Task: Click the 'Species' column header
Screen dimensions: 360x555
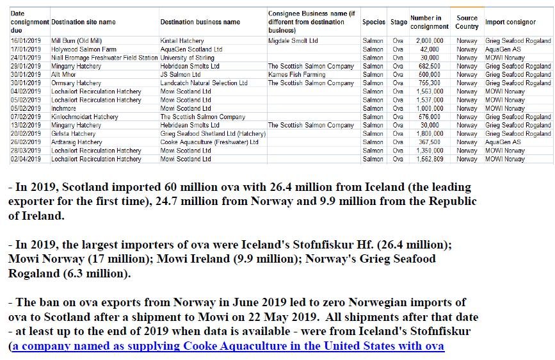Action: [373, 22]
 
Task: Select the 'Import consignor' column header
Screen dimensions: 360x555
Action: [510, 22]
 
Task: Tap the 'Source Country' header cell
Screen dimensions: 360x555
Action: [467, 22]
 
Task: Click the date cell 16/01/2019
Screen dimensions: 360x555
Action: [26, 41]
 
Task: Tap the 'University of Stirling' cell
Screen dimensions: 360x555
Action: [187, 58]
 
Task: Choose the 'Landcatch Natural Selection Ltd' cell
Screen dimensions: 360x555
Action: [204, 83]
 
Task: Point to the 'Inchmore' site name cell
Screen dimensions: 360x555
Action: [65, 108]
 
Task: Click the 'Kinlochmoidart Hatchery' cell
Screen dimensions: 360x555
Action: [84, 117]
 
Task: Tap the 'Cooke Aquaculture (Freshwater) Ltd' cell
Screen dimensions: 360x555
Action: [209, 142]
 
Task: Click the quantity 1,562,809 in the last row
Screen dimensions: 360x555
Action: [429, 159]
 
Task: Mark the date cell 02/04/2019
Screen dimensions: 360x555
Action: [26, 159]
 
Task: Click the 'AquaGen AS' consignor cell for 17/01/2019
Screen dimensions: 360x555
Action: [503, 49]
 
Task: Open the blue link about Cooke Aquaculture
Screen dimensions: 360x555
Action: [228, 347]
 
